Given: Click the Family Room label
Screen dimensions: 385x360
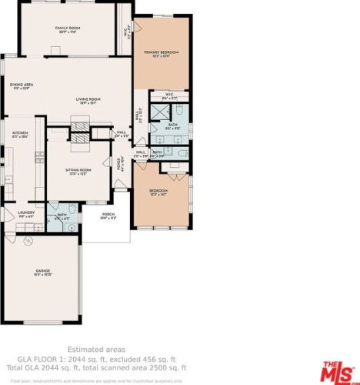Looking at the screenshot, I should (x=68, y=29).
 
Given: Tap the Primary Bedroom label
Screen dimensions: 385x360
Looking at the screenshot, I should (x=162, y=53).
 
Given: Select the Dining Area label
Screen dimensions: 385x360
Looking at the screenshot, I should (x=21, y=86).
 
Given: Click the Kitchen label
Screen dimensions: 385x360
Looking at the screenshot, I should (x=20, y=134).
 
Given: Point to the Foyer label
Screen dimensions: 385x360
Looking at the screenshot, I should (x=120, y=164).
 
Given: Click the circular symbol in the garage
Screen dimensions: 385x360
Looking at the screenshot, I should (x=28, y=241).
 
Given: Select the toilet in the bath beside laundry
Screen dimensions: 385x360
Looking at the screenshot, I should (x=71, y=209).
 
